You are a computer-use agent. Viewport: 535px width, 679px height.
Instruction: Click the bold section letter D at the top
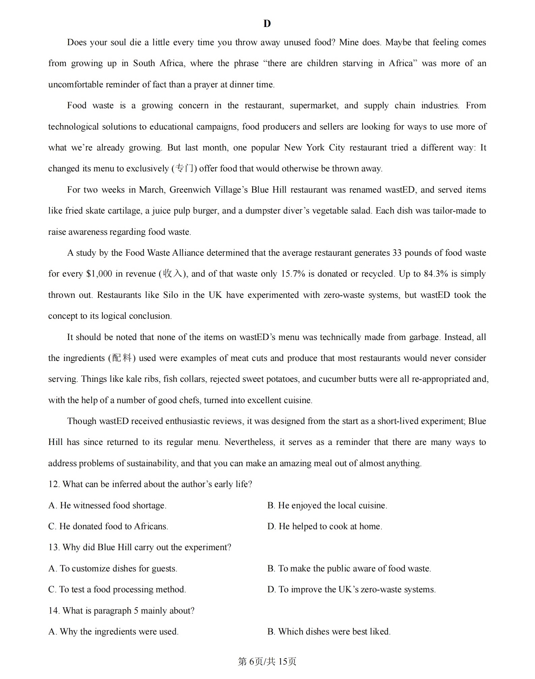267,24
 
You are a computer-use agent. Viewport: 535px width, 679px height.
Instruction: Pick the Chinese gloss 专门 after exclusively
184,168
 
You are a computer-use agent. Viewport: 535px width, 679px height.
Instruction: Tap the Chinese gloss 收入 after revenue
173,274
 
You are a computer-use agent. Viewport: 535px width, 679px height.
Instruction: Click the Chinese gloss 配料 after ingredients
122,358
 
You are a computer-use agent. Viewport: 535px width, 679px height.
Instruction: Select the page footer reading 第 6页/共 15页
267,662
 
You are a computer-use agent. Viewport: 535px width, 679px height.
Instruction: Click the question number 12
54,484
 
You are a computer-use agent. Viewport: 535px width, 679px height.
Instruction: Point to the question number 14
54,611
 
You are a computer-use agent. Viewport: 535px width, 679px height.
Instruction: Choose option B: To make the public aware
349,569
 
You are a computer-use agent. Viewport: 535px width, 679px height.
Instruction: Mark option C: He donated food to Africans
108,527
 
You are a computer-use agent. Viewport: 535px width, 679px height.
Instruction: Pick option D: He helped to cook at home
325,527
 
